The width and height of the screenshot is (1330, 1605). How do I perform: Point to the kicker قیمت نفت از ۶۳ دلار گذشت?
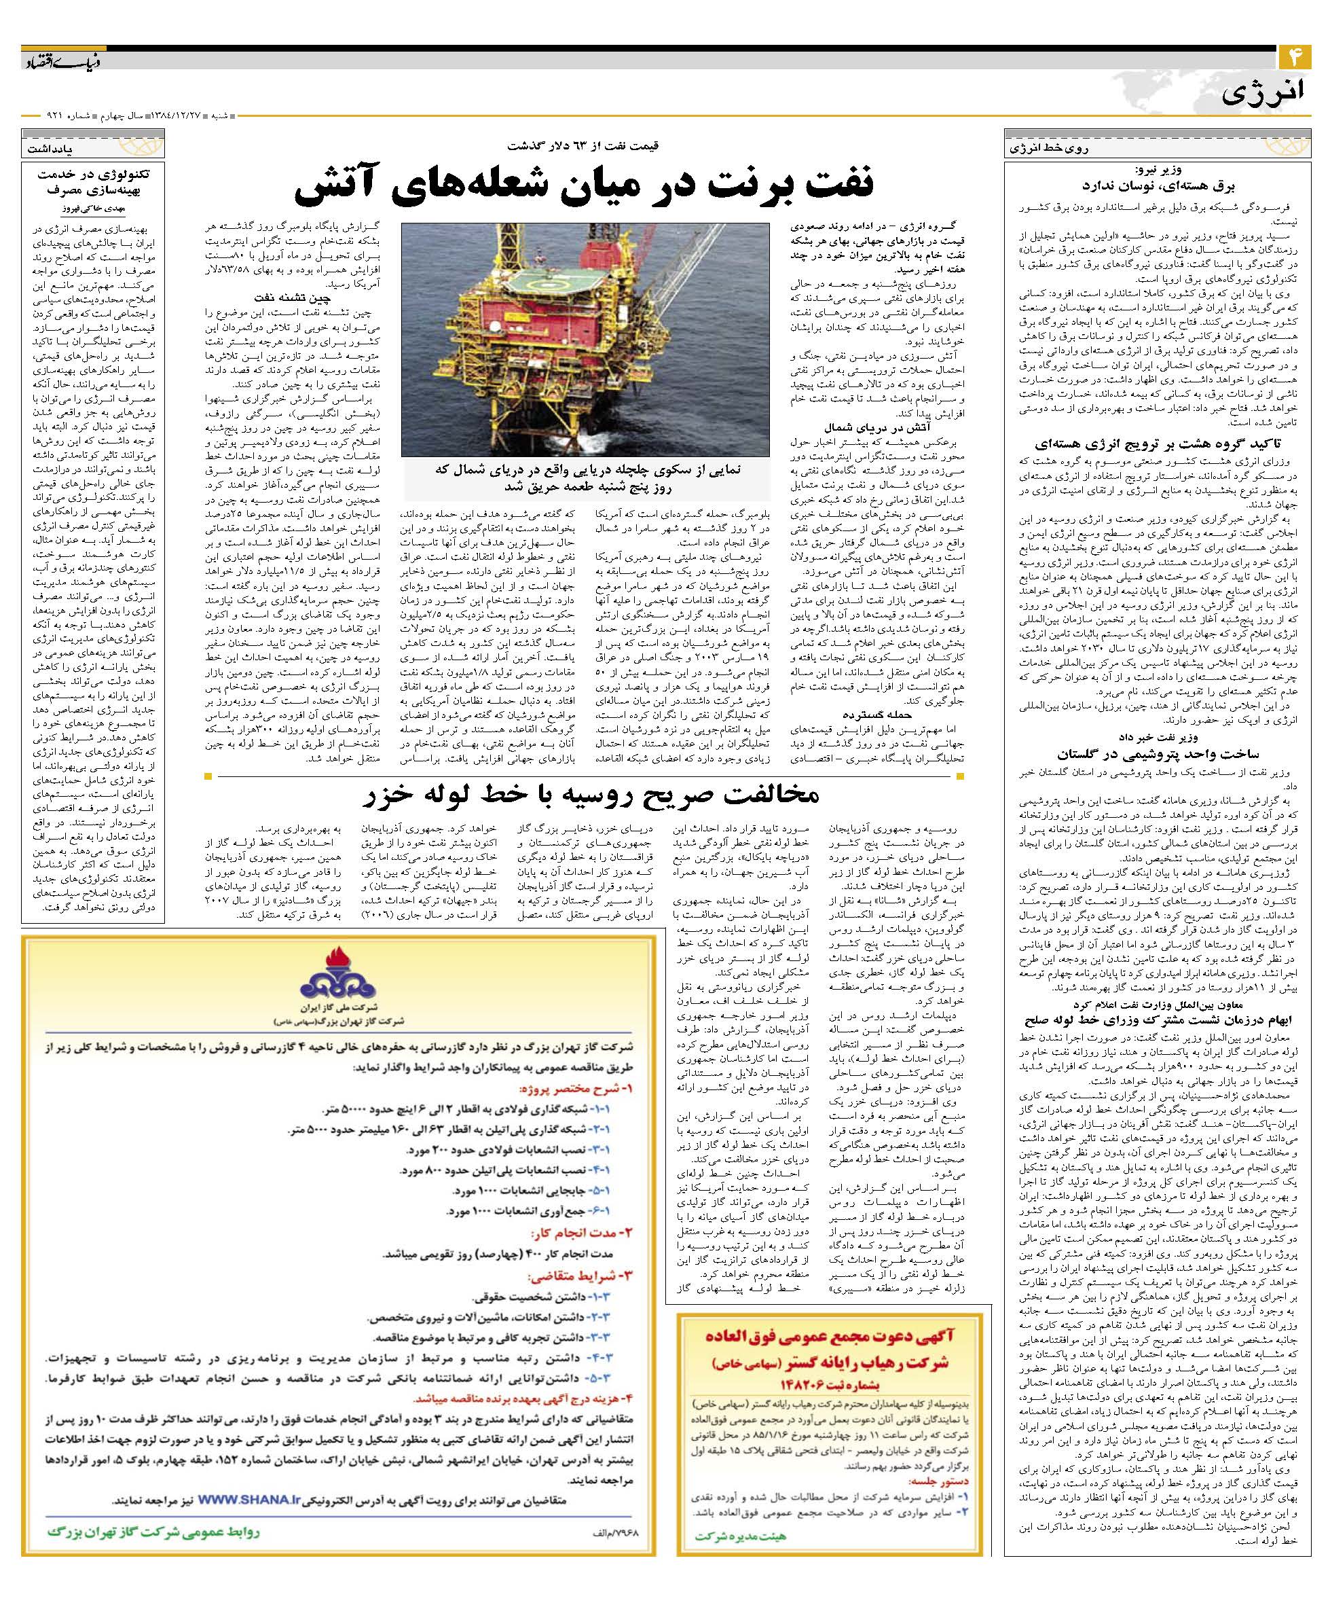coord(596,145)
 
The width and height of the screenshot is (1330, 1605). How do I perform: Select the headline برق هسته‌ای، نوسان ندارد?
coord(1158,185)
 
